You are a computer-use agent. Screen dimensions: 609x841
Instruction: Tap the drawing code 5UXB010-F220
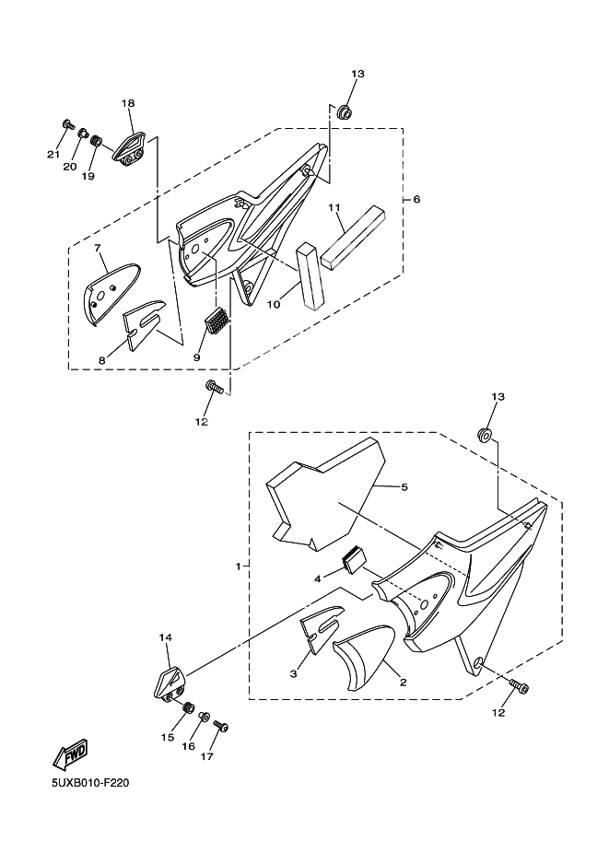90,784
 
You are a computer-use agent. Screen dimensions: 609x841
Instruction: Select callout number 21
53,155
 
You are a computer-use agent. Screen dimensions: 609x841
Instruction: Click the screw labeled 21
68,125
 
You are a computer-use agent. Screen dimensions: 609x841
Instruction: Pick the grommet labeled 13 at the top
344,112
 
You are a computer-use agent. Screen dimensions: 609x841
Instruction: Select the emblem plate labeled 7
111,293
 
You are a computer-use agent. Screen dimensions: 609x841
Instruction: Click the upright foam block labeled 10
310,275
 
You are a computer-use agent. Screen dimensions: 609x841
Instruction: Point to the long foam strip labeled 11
353,237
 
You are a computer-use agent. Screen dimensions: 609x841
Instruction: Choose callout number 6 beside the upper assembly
416,200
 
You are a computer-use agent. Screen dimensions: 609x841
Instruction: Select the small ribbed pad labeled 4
354,560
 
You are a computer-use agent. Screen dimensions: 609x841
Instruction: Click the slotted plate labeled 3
322,630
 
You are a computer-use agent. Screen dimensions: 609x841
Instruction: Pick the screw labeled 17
221,726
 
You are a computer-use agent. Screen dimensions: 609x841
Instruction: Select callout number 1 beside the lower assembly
239,567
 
